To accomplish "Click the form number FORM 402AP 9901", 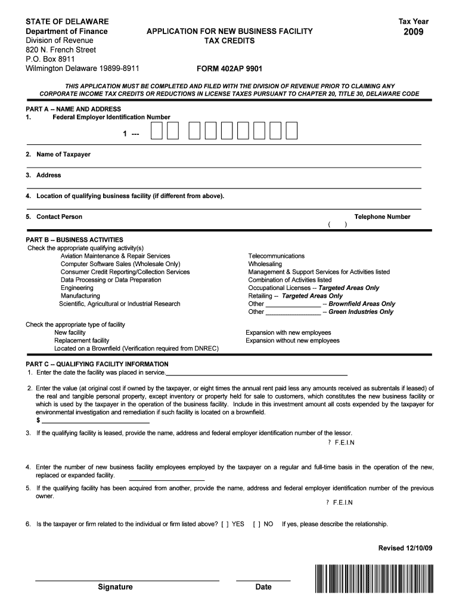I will (229, 69).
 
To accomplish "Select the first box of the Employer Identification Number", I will (156, 130).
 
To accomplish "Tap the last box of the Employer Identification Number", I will (291, 130).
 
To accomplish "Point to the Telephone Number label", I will (382, 217).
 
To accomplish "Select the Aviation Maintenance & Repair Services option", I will (115, 256).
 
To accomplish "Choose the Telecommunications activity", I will (276, 256).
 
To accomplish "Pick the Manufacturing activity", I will (80, 296).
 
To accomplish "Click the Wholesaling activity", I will (265, 264).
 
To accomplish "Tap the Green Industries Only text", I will (361, 312).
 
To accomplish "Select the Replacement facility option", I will (82, 341).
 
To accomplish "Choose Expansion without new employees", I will (293, 341).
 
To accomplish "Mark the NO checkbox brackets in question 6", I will (256, 524).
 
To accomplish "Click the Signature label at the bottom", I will (116, 587).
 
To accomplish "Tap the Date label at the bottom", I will (263, 587).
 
